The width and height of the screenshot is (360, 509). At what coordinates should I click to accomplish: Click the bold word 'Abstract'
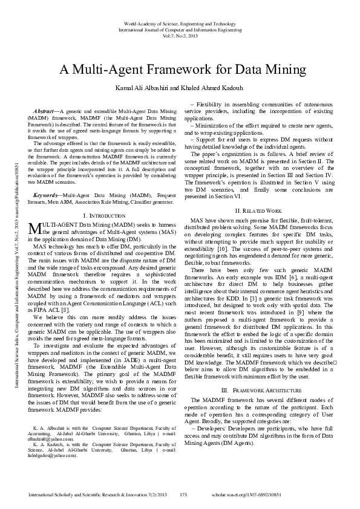(x=44, y=112)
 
